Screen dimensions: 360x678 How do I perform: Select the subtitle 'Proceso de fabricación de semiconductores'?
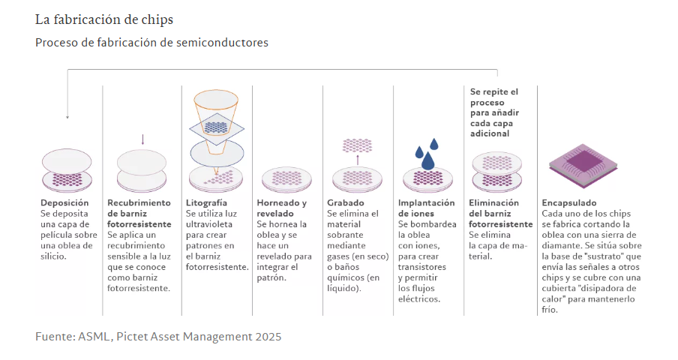click(x=151, y=43)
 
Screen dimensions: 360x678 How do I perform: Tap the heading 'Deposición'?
click(x=64, y=202)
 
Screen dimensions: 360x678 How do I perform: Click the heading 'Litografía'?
click(x=206, y=202)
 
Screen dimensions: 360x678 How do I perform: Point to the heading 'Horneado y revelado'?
click(x=281, y=208)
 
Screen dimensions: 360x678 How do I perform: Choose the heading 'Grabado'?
click(x=346, y=202)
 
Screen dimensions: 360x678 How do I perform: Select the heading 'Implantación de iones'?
click(x=426, y=208)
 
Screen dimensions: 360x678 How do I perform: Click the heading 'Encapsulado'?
click(x=569, y=202)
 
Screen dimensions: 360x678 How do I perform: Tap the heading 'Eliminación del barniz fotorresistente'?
click(x=500, y=213)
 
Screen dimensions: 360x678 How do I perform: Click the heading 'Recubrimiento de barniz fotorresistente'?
click(x=139, y=213)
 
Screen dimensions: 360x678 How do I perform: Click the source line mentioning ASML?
click(x=158, y=337)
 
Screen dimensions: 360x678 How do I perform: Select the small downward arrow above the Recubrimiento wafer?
click(x=142, y=139)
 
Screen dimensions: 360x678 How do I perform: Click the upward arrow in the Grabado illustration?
click(x=358, y=159)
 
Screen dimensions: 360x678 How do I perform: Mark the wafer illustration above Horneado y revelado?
click(x=286, y=178)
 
